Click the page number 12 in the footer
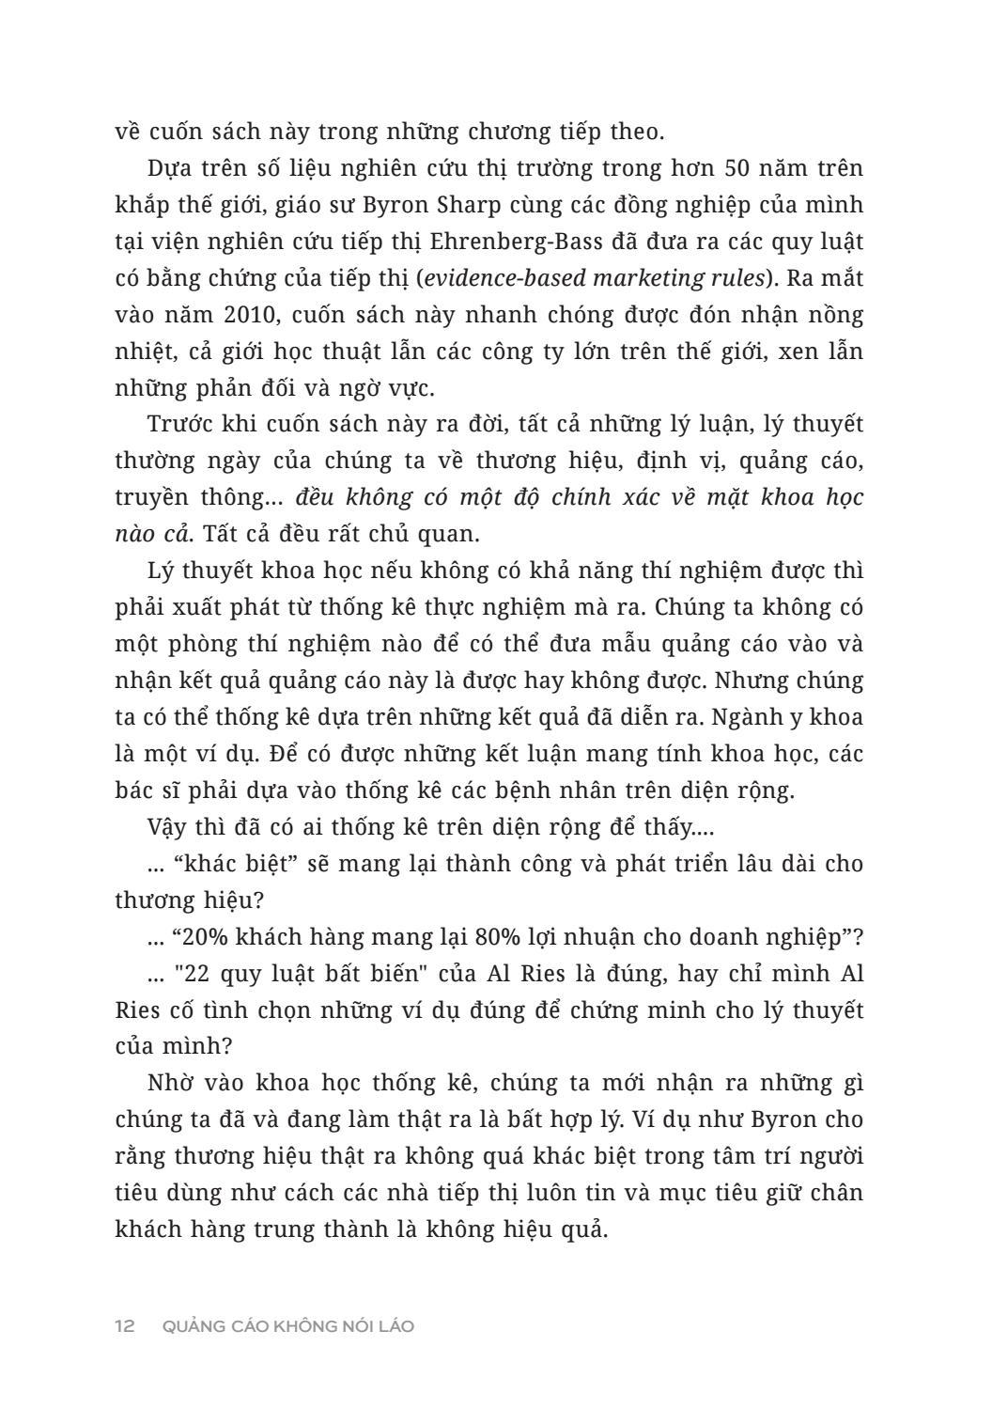[125, 1326]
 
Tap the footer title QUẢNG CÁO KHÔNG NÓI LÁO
[287, 1326]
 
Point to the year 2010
[225, 315]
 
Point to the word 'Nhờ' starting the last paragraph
[170, 1083]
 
